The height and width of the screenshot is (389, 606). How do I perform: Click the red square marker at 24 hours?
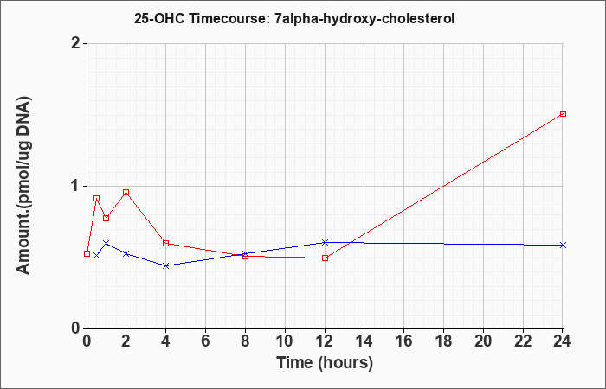(x=563, y=113)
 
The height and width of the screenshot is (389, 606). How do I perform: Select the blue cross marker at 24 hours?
(x=563, y=245)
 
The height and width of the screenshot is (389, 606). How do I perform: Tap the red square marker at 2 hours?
(x=126, y=192)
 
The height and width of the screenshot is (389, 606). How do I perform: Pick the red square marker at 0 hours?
(x=87, y=253)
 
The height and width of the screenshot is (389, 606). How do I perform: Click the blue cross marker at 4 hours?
(x=166, y=265)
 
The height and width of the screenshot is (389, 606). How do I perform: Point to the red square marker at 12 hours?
(x=325, y=258)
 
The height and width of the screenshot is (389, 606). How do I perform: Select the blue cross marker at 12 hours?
(x=325, y=242)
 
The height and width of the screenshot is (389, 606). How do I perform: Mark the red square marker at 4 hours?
(x=166, y=243)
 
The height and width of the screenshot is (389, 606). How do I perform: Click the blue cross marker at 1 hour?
(x=106, y=243)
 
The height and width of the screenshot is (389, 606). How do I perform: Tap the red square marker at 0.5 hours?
(x=97, y=198)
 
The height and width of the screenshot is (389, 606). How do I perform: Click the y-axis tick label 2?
(x=76, y=43)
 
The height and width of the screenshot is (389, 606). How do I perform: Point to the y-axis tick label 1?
(x=76, y=186)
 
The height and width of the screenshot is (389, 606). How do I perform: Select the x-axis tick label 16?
(x=404, y=341)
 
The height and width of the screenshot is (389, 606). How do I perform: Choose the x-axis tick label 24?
(x=563, y=341)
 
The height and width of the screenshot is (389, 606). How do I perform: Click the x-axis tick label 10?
(x=285, y=341)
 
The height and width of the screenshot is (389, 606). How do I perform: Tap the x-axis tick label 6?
(x=205, y=341)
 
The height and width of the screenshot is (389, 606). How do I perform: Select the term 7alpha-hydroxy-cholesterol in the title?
(x=364, y=19)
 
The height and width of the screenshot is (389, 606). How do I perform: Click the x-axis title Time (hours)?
(x=325, y=363)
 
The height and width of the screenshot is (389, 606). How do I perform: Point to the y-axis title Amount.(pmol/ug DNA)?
(x=24, y=186)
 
